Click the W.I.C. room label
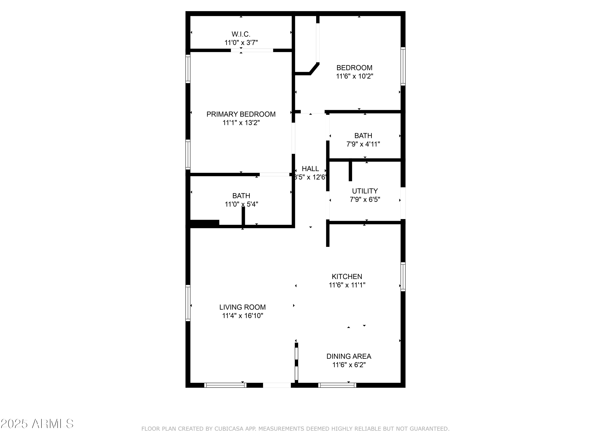click(x=241, y=34)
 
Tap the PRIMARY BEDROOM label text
click(x=241, y=114)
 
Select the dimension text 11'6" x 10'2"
click(x=354, y=76)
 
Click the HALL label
click(x=310, y=169)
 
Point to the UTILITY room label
click(x=365, y=191)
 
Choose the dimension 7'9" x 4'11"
click(x=363, y=144)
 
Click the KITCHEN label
click(x=347, y=276)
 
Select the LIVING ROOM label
click(x=242, y=307)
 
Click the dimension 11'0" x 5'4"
click(x=241, y=204)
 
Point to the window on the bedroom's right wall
click(x=403, y=66)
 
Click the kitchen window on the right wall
click(x=403, y=276)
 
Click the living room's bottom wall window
click(x=225, y=385)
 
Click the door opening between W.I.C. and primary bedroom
click(x=252, y=50)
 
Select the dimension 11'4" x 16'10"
click(x=242, y=316)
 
